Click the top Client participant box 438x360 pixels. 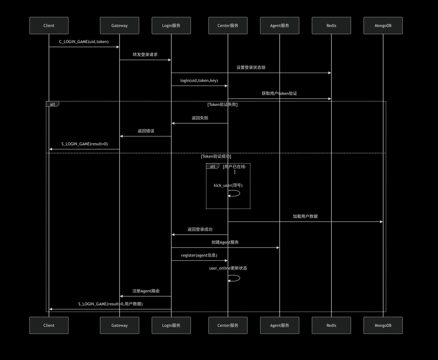(x=49, y=26)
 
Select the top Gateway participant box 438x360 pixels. (x=119, y=26)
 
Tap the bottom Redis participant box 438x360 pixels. (x=331, y=325)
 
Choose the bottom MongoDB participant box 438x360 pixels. (x=383, y=325)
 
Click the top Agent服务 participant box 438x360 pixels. (x=280, y=26)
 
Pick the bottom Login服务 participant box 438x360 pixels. (x=171, y=325)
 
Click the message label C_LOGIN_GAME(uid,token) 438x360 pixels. (x=84, y=42)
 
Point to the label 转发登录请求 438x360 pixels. (x=145, y=54)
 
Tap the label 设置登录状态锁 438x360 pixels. (x=251, y=67)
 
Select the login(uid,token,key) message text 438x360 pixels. (x=199, y=80)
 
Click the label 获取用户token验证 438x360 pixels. (x=279, y=94)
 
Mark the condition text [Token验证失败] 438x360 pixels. (x=222, y=104)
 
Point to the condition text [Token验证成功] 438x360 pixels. (x=216, y=157)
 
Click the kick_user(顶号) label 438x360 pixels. (x=228, y=185)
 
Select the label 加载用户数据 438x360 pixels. (x=305, y=216)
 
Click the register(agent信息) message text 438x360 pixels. (x=199, y=255)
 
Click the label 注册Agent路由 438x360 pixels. (x=146, y=291)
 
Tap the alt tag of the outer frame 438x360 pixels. (x=52, y=104)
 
